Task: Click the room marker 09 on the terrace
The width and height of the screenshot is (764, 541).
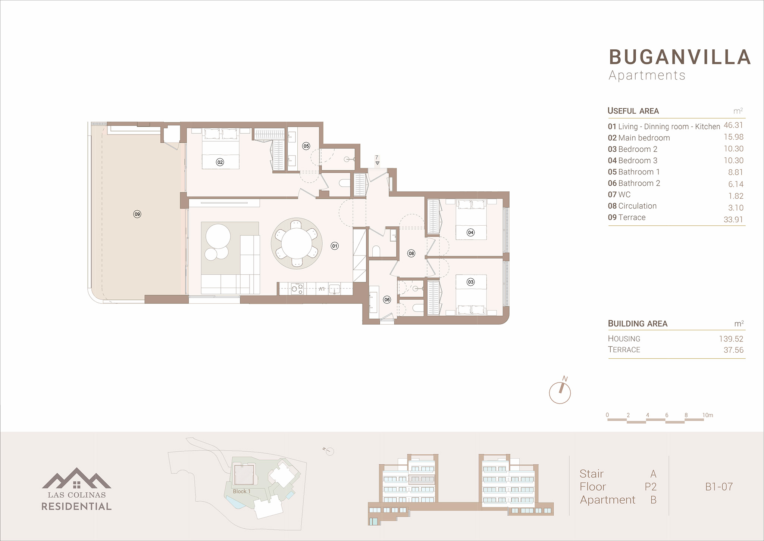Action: tap(137, 214)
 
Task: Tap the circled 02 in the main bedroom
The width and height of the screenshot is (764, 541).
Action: tap(220, 162)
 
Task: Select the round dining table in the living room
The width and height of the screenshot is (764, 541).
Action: tap(297, 243)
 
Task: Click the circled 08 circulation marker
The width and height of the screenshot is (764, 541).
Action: tap(411, 253)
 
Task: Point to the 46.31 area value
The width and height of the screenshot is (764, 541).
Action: tap(733, 125)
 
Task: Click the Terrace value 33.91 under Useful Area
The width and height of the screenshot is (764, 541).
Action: tap(733, 220)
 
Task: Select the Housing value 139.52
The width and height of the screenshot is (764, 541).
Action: tap(731, 339)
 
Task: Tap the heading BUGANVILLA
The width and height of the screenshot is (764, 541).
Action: tap(680, 57)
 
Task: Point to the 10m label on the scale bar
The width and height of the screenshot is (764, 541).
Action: tap(708, 415)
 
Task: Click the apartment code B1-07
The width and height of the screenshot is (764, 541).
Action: tap(719, 486)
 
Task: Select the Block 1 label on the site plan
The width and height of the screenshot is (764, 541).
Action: tap(242, 491)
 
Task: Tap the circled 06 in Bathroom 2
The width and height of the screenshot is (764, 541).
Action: tap(387, 300)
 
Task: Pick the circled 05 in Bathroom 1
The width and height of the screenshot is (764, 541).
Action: tap(306, 146)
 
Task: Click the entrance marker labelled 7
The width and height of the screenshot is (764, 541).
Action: tap(377, 160)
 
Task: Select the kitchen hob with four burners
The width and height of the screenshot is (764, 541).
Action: tap(297, 289)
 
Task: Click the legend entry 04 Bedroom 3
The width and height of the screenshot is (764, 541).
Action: tap(632, 161)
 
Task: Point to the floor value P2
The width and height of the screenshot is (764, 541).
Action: tap(650, 487)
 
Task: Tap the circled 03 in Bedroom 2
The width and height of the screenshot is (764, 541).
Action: tap(470, 282)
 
